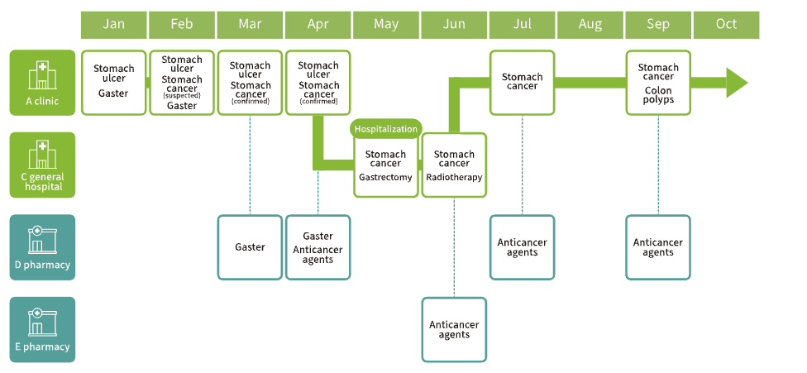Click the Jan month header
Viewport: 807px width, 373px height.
point(114,25)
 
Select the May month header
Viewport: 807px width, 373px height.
point(386,25)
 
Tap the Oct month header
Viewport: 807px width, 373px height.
point(726,25)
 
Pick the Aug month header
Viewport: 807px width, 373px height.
point(590,25)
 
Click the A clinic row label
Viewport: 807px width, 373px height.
point(42,83)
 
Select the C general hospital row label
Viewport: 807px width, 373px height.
point(42,165)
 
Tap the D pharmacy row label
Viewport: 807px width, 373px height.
point(42,246)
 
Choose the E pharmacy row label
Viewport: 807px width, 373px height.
point(42,329)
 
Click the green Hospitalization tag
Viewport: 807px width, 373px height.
point(386,129)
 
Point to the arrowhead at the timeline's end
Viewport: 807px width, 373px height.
point(736,83)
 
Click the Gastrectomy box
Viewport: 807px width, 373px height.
point(386,166)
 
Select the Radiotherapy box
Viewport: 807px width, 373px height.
point(454,166)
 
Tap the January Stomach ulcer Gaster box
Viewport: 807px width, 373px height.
point(114,82)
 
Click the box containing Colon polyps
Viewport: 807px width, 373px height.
point(658,83)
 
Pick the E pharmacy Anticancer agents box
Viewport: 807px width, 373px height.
point(454,329)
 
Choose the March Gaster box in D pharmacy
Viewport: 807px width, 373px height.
point(250,246)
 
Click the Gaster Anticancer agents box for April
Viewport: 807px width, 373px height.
point(318,246)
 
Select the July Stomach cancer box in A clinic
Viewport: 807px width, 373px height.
point(522,82)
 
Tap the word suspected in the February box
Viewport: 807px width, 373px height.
point(182,96)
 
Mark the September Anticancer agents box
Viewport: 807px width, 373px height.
point(658,246)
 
